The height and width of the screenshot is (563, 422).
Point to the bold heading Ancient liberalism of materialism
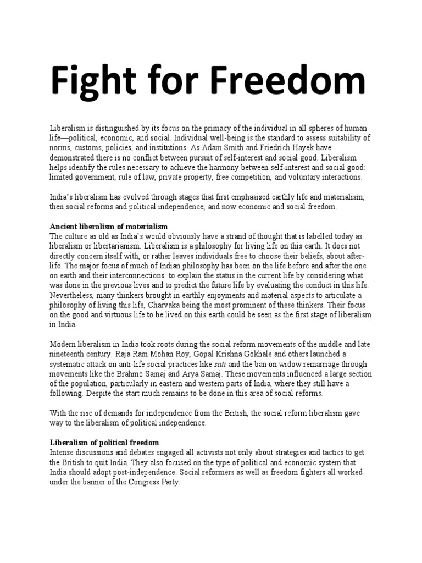[x=108, y=227]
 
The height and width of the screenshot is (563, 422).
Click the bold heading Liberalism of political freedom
[x=104, y=442]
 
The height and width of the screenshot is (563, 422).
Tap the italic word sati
[x=220, y=365]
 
